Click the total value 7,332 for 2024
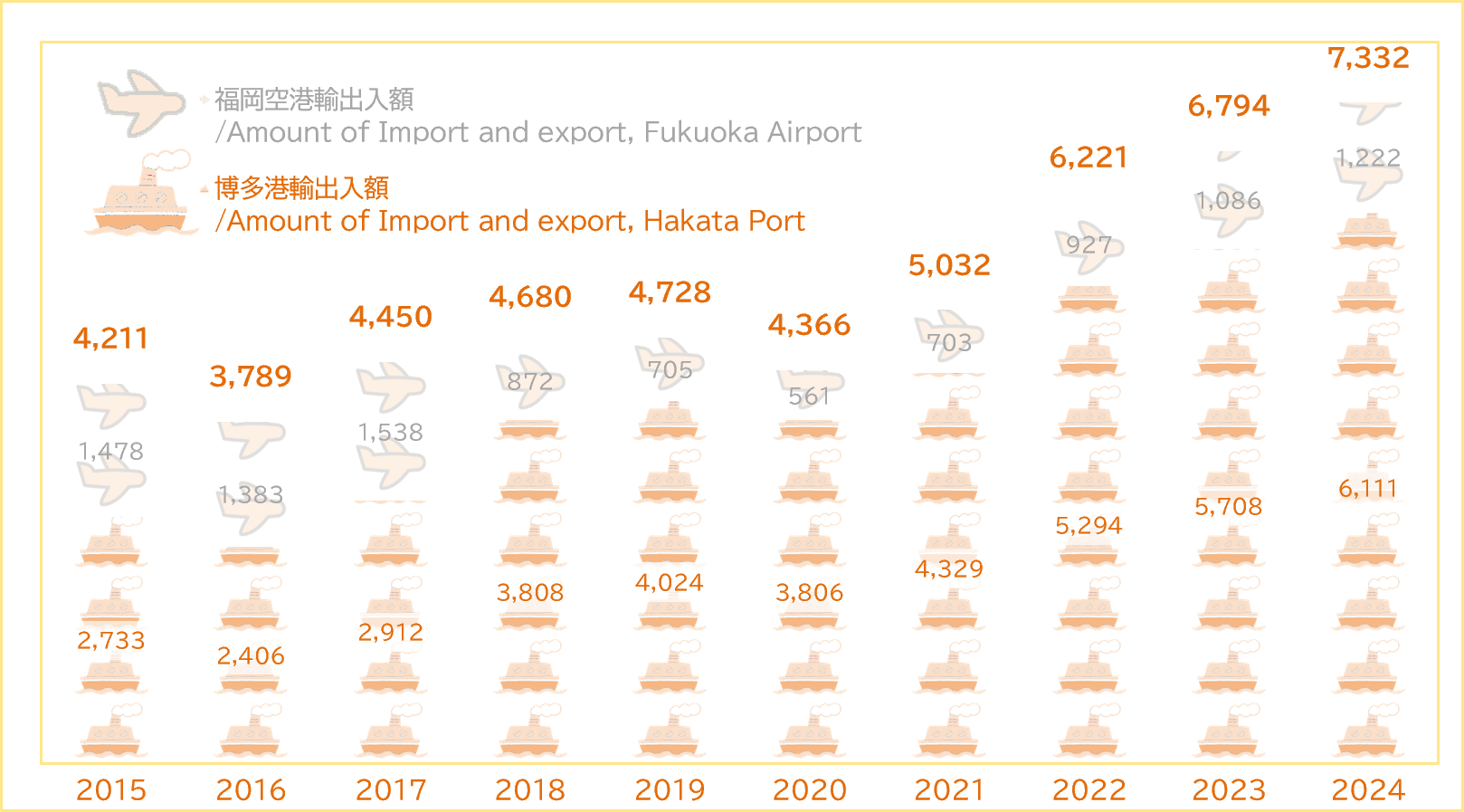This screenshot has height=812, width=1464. (x=1368, y=58)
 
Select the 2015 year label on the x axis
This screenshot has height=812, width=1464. (x=111, y=789)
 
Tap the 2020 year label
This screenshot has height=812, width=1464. (x=809, y=789)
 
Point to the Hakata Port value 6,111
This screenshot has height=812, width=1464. (x=1368, y=489)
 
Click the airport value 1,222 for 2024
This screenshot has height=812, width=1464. (x=1368, y=158)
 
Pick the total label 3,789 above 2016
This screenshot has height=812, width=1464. (x=251, y=376)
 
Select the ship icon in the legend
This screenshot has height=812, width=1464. (x=142, y=195)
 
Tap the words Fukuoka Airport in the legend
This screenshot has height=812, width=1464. (x=753, y=132)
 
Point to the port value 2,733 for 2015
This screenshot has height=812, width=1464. (x=111, y=640)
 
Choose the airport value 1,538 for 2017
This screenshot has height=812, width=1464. (x=390, y=433)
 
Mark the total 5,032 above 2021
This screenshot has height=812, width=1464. (x=949, y=265)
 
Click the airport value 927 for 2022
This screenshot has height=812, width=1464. (x=1088, y=245)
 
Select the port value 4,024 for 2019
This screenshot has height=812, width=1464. (x=670, y=582)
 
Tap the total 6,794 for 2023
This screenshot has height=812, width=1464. (x=1229, y=106)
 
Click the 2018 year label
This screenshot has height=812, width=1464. (x=530, y=789)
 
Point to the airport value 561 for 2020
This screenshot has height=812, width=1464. (x=809, y=396)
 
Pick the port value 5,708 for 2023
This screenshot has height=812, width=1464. (x=1229, y=507)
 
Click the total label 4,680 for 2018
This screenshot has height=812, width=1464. (x=530, y=297)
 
